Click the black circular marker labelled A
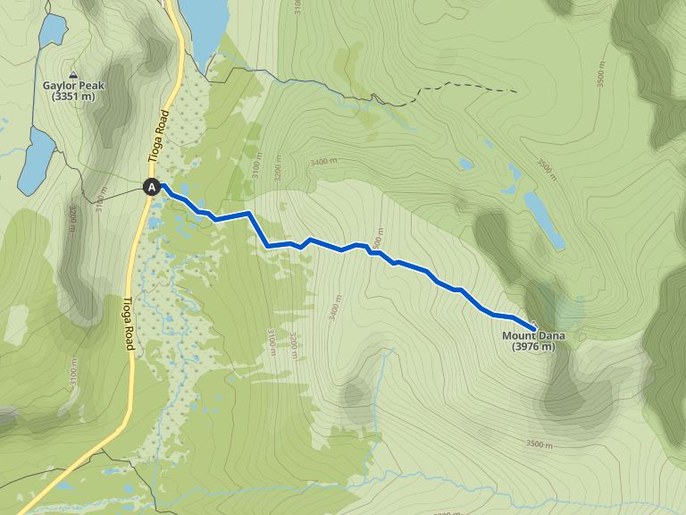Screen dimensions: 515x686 coord(152,187)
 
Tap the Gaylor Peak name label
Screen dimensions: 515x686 coord(73,87)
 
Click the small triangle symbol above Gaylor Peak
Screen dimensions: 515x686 coord(73,75)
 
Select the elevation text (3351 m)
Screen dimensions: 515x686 coord(73,97)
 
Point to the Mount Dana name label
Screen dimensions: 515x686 coord(533,336)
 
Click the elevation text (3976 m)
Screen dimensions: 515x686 coord(533,347)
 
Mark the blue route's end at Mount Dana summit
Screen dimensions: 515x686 coord(534,326)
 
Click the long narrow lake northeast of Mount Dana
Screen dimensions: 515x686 coord(543,218)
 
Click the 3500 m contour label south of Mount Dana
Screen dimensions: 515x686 coord(540,444)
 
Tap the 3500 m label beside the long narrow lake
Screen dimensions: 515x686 coord(546,169)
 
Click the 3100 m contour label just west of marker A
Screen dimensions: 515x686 coord(100,202)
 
